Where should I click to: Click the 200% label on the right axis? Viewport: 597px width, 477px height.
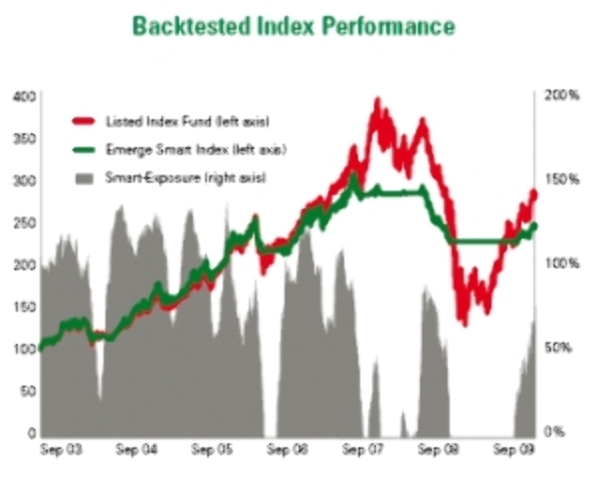561,95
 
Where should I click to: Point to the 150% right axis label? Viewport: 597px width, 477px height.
561,180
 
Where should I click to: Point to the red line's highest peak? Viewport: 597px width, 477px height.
377,100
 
